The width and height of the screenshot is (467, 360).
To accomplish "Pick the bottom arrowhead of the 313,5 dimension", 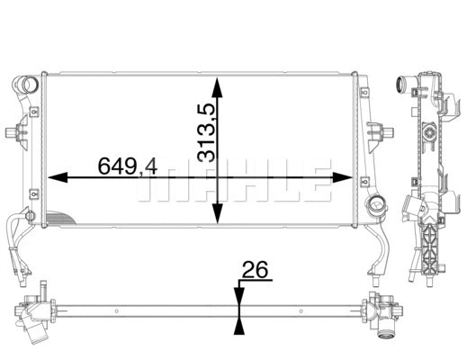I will [216, 218].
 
